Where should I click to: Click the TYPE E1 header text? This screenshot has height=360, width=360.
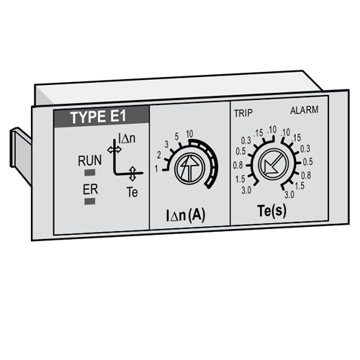(98, 117)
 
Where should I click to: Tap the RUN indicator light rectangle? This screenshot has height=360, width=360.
(90, 172)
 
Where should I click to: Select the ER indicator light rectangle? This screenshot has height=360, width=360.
(90, 201)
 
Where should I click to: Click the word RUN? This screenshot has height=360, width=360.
(90, 161)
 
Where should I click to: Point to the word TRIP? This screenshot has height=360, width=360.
(243, 113)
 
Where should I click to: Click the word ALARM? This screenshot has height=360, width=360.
(305, 110)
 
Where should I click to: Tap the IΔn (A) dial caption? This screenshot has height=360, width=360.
(186, 215)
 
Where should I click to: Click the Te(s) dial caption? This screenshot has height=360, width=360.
(272, 211)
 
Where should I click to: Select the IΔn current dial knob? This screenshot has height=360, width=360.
(189, 168)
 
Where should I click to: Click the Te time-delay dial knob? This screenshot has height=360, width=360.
(273, 164)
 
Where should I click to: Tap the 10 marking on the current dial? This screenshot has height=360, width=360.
(189, 134)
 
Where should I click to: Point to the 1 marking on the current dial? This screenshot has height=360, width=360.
(156, 169)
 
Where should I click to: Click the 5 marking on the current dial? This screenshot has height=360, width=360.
(176, 137)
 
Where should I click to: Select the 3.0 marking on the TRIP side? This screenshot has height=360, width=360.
(246, 191)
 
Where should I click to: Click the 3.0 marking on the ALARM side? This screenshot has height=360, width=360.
(289, 194)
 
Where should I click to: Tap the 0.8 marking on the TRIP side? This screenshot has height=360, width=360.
(238, 166)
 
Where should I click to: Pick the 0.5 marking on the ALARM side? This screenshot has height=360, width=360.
(307, 162)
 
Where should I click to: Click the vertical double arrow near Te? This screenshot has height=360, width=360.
(132, 174)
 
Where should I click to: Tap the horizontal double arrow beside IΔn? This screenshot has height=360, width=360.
(114, 150)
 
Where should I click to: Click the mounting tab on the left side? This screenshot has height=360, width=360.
(20, 155)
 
